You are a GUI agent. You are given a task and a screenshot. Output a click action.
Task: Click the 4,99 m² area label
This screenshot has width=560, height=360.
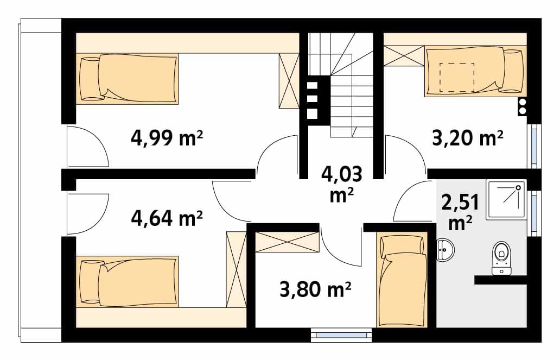pyautogui.click(x=167, y=138)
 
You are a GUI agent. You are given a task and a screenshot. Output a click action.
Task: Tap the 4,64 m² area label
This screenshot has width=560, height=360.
pyautogui.click(x=167, y=218)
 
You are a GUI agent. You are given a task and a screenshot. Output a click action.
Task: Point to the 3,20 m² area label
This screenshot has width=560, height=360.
pyautogui.click(x=468, y=137)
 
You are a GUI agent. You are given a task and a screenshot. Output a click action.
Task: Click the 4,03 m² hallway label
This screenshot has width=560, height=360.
pyautogui.click(x=342, y=185)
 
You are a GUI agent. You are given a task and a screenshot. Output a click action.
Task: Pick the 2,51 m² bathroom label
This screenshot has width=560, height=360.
pyautogui.click(x=460, y=213)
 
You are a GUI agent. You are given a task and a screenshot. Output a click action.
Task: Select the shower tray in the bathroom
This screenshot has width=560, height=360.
pyautogui.click(x=506, y=200)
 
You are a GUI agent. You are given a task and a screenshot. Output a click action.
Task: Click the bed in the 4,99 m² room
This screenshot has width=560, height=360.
pyautogui.click(x=127, y=79)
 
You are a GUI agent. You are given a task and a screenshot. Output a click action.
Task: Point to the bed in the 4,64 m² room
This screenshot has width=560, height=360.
pyautogui.click(x=127, y=281)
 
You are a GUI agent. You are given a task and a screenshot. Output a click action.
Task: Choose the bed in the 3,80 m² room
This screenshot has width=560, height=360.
pyautogui.click(x=402, y=279)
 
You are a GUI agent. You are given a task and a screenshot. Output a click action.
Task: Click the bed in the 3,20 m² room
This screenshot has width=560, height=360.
pyautogui.click(x=475, y=71)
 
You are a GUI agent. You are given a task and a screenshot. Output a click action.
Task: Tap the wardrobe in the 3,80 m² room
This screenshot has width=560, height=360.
pyautogui.click(x=288, y=242)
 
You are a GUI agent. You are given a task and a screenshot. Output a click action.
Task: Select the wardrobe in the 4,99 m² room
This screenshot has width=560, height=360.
pyautogui.click(x=289, y=81)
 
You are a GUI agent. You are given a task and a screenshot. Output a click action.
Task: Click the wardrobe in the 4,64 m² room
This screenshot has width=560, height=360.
pyautogui.click(x=236, y=269)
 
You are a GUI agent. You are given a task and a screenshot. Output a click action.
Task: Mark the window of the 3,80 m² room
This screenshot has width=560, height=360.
pyautogui.click(x=341, y=335)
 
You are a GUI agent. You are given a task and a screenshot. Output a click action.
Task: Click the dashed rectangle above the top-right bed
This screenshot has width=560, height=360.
pyautogui.click(x=457, y=77)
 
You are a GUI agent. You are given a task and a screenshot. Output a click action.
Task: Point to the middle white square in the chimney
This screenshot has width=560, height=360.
pyautogui.click(x=313, y=99)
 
